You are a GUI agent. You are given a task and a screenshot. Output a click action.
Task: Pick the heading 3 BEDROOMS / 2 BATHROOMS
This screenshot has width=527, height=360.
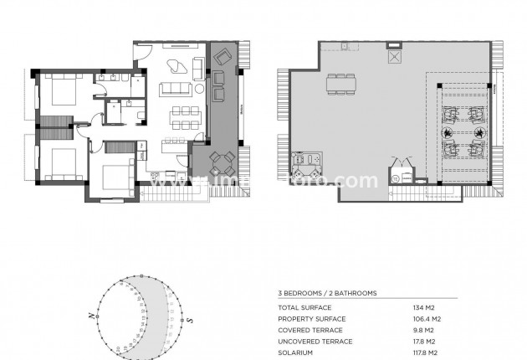327,294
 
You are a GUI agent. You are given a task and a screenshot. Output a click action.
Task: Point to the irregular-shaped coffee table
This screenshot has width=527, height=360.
178,68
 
